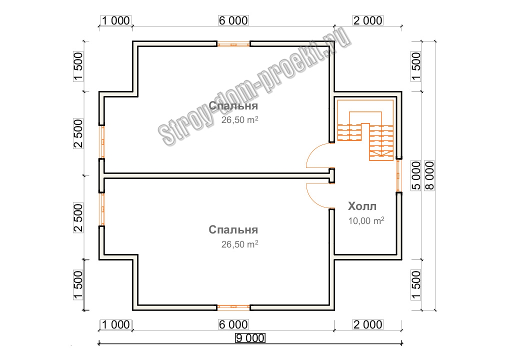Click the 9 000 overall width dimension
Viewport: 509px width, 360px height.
point(250,338)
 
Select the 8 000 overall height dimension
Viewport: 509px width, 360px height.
point(429,175)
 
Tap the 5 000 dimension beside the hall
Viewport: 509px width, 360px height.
point(416,175)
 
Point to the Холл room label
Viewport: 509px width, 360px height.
point(362,206)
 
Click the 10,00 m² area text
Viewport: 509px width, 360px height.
point(366,220)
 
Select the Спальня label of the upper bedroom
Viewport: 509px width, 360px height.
point(233,106)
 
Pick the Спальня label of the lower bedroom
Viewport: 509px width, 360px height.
point(233,230)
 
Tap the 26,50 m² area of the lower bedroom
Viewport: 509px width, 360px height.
point(240,244)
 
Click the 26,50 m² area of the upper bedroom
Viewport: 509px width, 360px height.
point(240,120)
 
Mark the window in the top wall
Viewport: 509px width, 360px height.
point(233,44)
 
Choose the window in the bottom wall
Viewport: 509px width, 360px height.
point(233,307)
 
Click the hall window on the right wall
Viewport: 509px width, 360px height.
point(399,175)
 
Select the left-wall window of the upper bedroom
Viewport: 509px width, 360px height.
point(102,142)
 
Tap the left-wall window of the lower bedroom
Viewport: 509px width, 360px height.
point(102,209)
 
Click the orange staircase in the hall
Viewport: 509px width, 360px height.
point(365,130)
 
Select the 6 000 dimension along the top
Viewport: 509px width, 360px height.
point(233,20)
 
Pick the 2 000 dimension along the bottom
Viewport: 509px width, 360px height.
point(368,324)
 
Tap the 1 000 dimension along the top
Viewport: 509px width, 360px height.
point(116,20)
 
